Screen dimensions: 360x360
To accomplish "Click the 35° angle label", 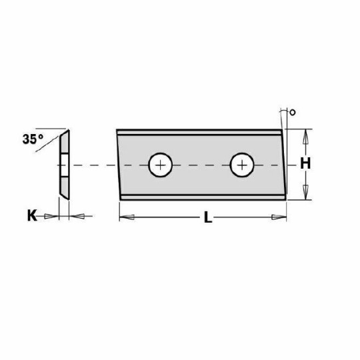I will [31, 139].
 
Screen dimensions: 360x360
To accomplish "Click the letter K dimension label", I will [31, 215].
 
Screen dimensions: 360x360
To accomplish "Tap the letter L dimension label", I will [208, 217].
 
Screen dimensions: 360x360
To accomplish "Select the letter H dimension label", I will [305, 164].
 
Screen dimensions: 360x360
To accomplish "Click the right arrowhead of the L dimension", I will [279, 217].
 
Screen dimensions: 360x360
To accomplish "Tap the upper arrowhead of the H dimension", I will [305, 135].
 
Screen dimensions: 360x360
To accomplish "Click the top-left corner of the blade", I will [117, 130].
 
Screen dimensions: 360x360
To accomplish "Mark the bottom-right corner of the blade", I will [285, 198].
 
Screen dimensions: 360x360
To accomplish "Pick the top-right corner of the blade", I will [281, 129].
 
